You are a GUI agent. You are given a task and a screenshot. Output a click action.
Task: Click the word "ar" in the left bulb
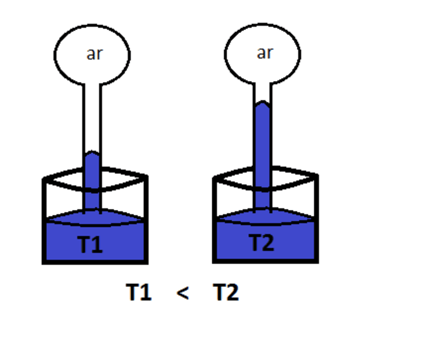pyautogui.click(x=95, y=53)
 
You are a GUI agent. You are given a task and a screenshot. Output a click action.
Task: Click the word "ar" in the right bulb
pyautogui.click(x=264, y=53)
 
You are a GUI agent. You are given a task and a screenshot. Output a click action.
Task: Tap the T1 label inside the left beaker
pyautogui.click(x=90, y=245)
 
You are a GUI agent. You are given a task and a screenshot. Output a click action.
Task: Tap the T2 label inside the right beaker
pyautogui.click(x=261, y=243)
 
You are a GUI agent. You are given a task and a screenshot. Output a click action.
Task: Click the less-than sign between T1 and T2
pyautogui.click(x=183, y=293)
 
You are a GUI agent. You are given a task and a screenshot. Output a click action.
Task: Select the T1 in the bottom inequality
pyautogui.click(x=139, y=293)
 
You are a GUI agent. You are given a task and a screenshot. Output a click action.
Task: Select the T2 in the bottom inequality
pyautogui.click(x=226, y=293)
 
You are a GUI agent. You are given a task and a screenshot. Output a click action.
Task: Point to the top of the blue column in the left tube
pyautogui.click(x=91, y=154)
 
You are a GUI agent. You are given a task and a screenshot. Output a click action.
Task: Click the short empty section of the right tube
pyautogui.click(x=262, y=90)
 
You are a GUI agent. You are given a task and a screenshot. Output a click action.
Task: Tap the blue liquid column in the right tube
pyautogui.click(x=262, y=156)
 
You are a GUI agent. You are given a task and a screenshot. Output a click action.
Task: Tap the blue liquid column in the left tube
pyautogui.click(x=91, y=180)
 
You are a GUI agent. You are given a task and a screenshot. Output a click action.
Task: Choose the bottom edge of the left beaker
pyautogui.click(x=95, y=262)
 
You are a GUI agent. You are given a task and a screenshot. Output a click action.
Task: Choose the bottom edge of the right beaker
pyautogui.click(x=265, y=261)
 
